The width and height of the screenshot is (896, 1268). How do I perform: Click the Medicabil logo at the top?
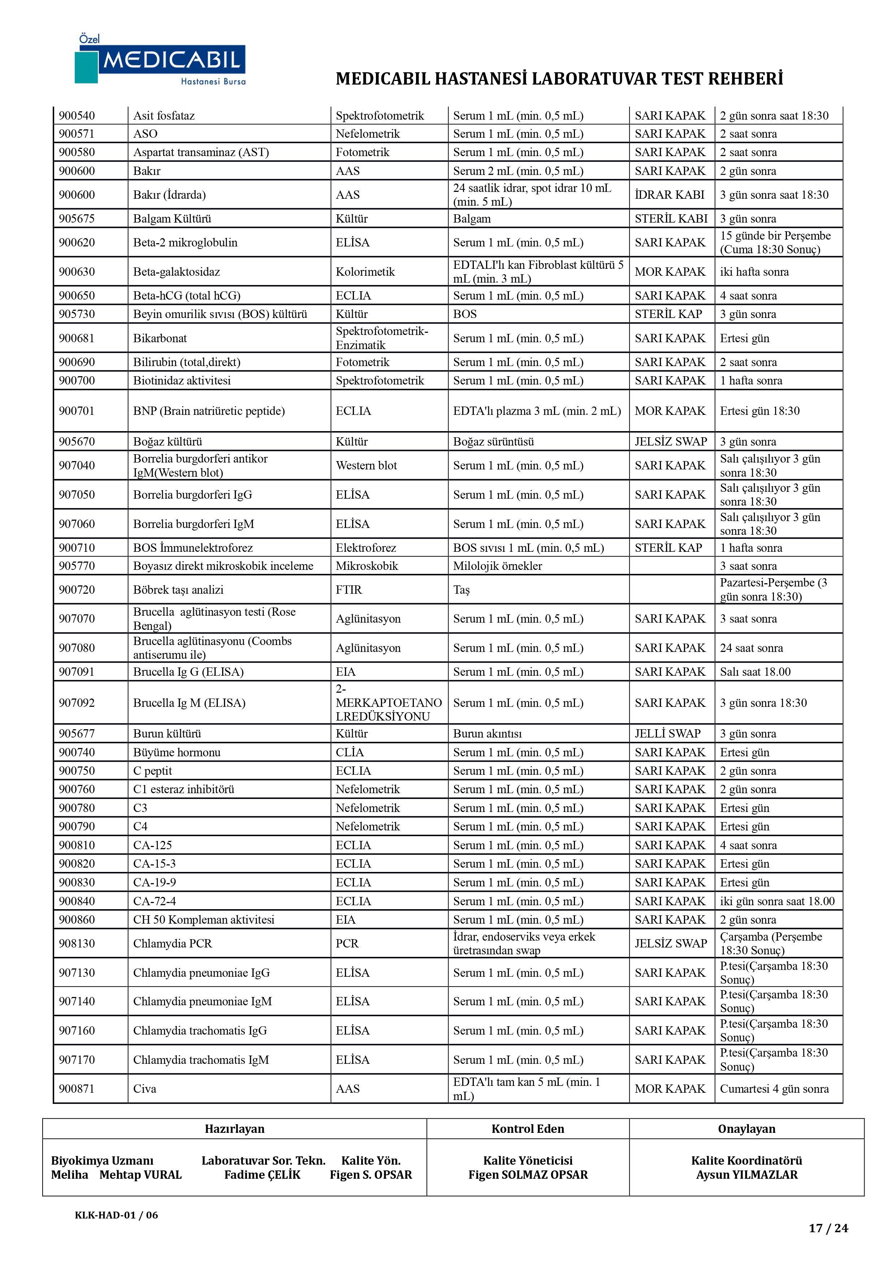pos(160,60)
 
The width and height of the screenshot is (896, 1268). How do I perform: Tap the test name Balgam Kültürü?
pos(172,219)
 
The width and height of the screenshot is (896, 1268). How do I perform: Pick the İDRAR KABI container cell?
pos(669,195)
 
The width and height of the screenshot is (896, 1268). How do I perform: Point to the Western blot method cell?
pos(366,465)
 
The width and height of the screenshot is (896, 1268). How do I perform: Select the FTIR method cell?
pos(349,590)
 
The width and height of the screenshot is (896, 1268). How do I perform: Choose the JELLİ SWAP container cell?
pos(667,734)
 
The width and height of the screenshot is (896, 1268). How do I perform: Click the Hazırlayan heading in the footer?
pos(235,1129)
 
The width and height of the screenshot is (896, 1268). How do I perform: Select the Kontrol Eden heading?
pos(528,1129)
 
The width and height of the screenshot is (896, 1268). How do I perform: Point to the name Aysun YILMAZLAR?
pos(746,1175)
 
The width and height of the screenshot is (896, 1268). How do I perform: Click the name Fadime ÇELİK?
pos(262,1175)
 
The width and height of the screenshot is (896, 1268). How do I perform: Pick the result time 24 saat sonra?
pos(751,648)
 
